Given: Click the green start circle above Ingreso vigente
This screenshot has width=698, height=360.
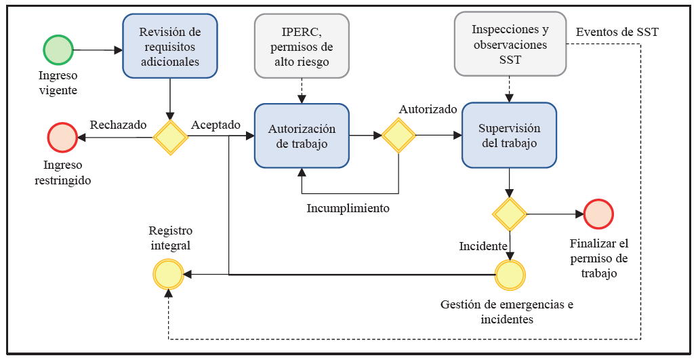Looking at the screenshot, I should coord(58,50).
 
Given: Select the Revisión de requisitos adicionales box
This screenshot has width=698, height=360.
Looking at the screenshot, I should coord(169,46).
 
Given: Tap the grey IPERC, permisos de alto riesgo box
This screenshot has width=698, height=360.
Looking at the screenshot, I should coord(302,45).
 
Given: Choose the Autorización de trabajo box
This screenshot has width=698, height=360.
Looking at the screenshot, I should coord(302,135).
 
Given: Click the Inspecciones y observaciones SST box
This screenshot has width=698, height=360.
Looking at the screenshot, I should coord(510,45).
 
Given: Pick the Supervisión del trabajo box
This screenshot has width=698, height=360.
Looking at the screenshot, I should coord(509,135).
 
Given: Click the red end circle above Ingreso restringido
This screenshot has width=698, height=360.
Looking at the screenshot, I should coord(62,137).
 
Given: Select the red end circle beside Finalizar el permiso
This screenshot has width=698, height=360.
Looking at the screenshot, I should coord(598,214).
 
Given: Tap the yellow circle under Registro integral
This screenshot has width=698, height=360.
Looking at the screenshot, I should coord(168,275).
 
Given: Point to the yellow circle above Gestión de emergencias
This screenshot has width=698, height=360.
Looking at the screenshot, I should coord(510,275).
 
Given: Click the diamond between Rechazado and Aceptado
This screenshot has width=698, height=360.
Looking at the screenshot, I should coord(169,137).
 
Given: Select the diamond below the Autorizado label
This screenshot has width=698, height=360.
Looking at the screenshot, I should coord(398,135).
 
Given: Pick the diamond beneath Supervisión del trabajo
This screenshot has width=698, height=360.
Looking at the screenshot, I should coord(510,214).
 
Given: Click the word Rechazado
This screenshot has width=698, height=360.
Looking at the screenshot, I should coord(118,125).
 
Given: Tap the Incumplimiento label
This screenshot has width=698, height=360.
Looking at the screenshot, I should coord(348,208).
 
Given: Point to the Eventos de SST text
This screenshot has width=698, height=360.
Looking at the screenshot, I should coord(617,32).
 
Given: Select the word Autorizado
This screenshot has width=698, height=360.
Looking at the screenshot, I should coord(428,109).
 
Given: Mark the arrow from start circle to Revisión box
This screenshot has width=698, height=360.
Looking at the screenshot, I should coord(98,50).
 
